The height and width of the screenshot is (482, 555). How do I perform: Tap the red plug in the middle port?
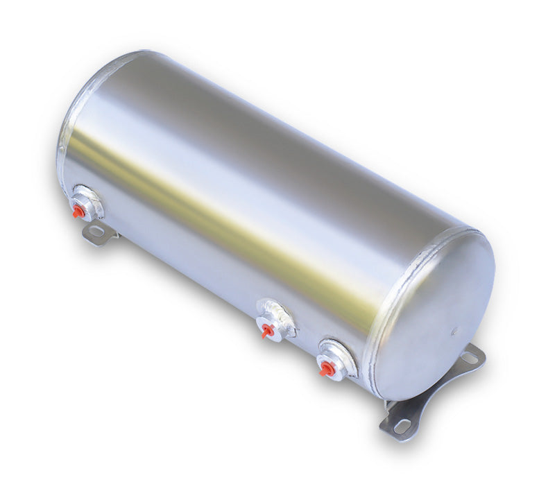tap(266, 331)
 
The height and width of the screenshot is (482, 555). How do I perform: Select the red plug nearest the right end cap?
tap(325, 368)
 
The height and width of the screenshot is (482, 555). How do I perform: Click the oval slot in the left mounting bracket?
tap(95, 232)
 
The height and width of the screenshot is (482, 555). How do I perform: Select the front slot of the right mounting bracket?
tap(401, 426)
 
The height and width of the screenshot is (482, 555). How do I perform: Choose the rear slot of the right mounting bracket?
tap(470, 358)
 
